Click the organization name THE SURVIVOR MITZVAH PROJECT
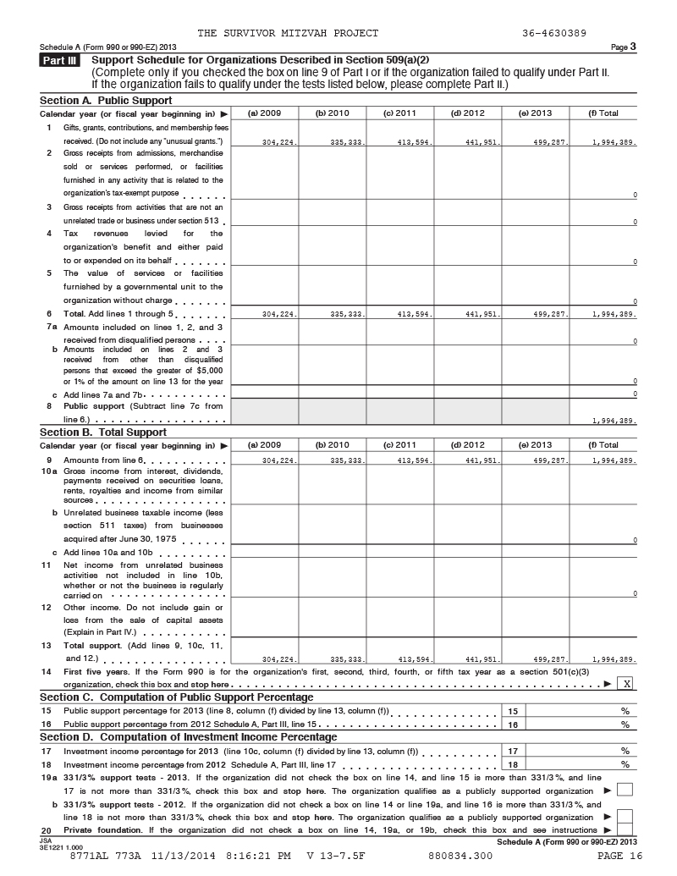(x=288, y=33)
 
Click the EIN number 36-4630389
(x=555, y=33)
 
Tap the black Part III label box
(x=61, y=60)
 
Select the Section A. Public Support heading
(x=106, y=100)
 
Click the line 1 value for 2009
(x=280, y=143)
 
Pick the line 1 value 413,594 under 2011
(x=416, y=143)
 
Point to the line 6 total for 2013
(x=551, y=314)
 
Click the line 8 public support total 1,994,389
(x=615, y=420)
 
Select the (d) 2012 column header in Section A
(x=468, y=113)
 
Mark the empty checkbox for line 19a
(x=625, y=790)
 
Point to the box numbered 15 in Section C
(x=512, y=711)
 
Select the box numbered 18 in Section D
(x=512, y=763)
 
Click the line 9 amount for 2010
(x=348, y=460)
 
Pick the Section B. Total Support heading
(x=103, y=432)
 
